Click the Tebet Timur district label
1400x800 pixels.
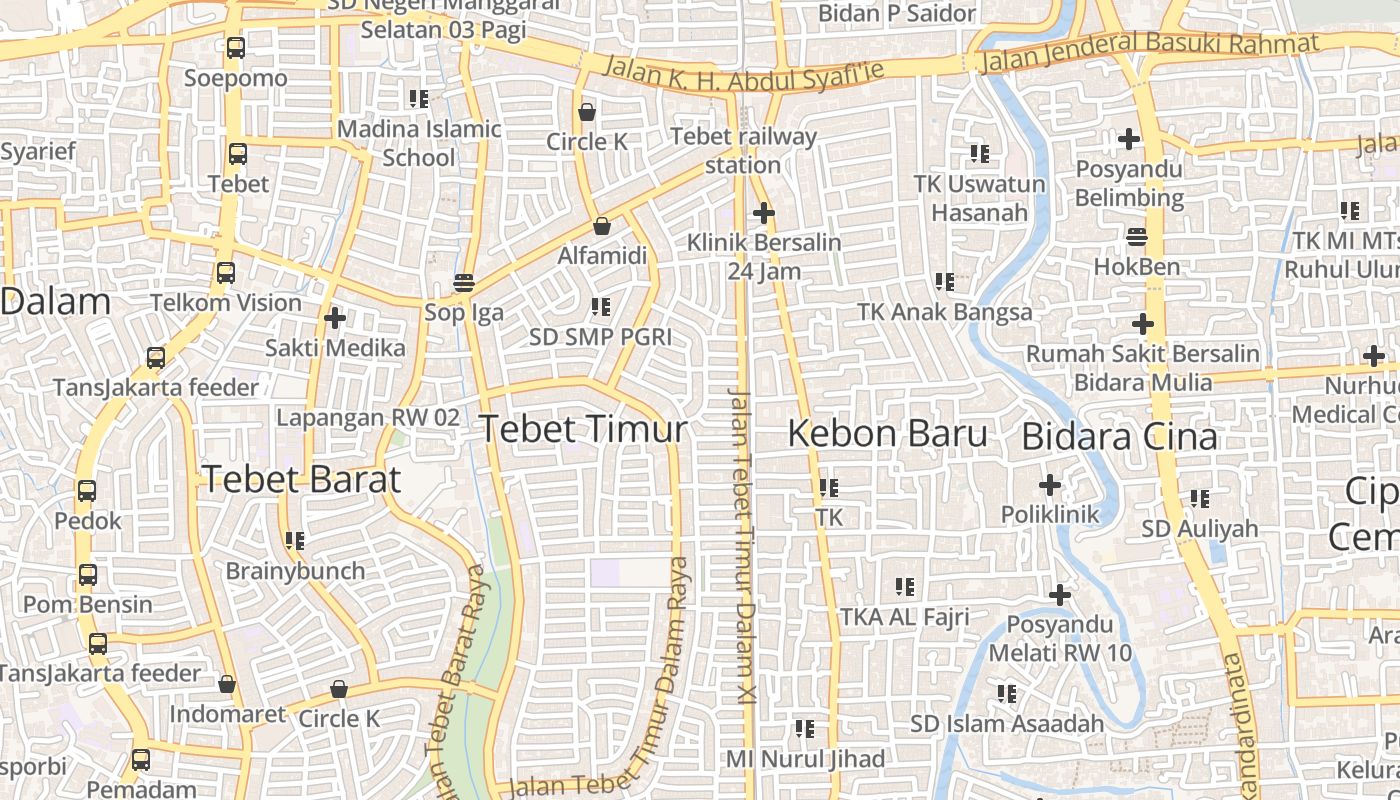pyautogui.click(x=583, y=430)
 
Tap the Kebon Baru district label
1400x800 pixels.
pyautogui.click(x=887, y=434)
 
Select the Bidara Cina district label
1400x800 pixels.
pyautogui.click(x=1119, y=437)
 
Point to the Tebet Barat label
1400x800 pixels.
pyautogui.click(x=300, y=480)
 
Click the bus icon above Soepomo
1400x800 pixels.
pyautogui.click(x=235, y=47)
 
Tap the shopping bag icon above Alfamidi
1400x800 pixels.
pyautogui.click(x=601, y=227)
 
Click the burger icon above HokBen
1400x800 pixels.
pyautogui.click(x=1136, y=237)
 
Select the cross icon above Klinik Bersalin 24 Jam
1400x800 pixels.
pyautogui.click(x=763, y=213)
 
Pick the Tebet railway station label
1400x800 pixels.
pyautogui.click(x=743, y=150)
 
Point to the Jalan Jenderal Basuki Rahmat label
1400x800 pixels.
pyautogui.click(x=1150, y=52)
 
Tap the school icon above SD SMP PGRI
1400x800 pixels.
pyautogui.click(x=600, y=306)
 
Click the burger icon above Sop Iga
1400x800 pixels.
pyautogui.click(x=463, y=283)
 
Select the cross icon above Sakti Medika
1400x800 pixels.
pyautogui.click(x=335, y=318)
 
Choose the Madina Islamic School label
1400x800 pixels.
pyautogui.click(x=419, y=143)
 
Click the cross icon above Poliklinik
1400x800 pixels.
pyautogui.click(x=1049, y=485)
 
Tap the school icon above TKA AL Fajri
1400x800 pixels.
pyautogui.click(x=905, y=587)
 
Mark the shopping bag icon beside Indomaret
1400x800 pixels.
pyautogui.click(x=227, y=685)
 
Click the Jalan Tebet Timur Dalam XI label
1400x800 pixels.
pyautogui.click(x=741, y=545)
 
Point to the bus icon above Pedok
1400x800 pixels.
pyautogui.click(x=87, y=491)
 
